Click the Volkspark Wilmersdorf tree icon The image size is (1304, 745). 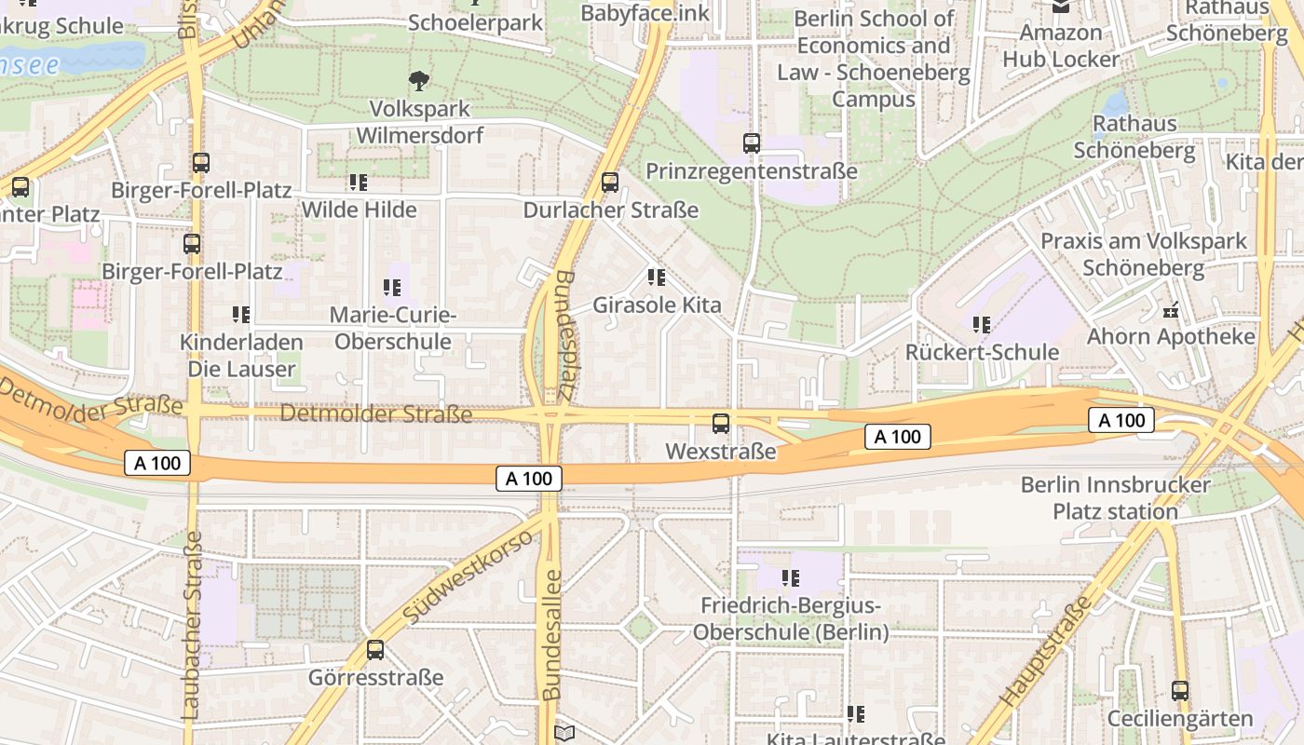coord(419,81)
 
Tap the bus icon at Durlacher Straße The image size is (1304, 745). coord(610,183)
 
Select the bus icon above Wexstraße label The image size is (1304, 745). coord(721,424)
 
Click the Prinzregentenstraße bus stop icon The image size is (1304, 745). coord(752,143)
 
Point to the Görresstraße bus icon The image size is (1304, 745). coord(375,650)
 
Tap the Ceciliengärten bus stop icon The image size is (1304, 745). coord(1180,691)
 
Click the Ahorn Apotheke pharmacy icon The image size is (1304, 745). coord(1172,309)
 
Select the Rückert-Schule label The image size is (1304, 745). coord(983,353)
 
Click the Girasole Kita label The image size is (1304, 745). coord(658,305)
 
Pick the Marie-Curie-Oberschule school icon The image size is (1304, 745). coord(392,288)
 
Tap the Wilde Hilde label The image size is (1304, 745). coord(359,210)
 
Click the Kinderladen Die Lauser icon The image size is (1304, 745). coord(241,315)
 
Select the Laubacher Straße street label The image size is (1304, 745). coord(191,624)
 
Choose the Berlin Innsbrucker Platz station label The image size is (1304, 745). coord(1115,498)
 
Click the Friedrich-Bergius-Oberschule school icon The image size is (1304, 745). coord(791,578)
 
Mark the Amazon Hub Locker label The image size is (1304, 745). coord(1061,46)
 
